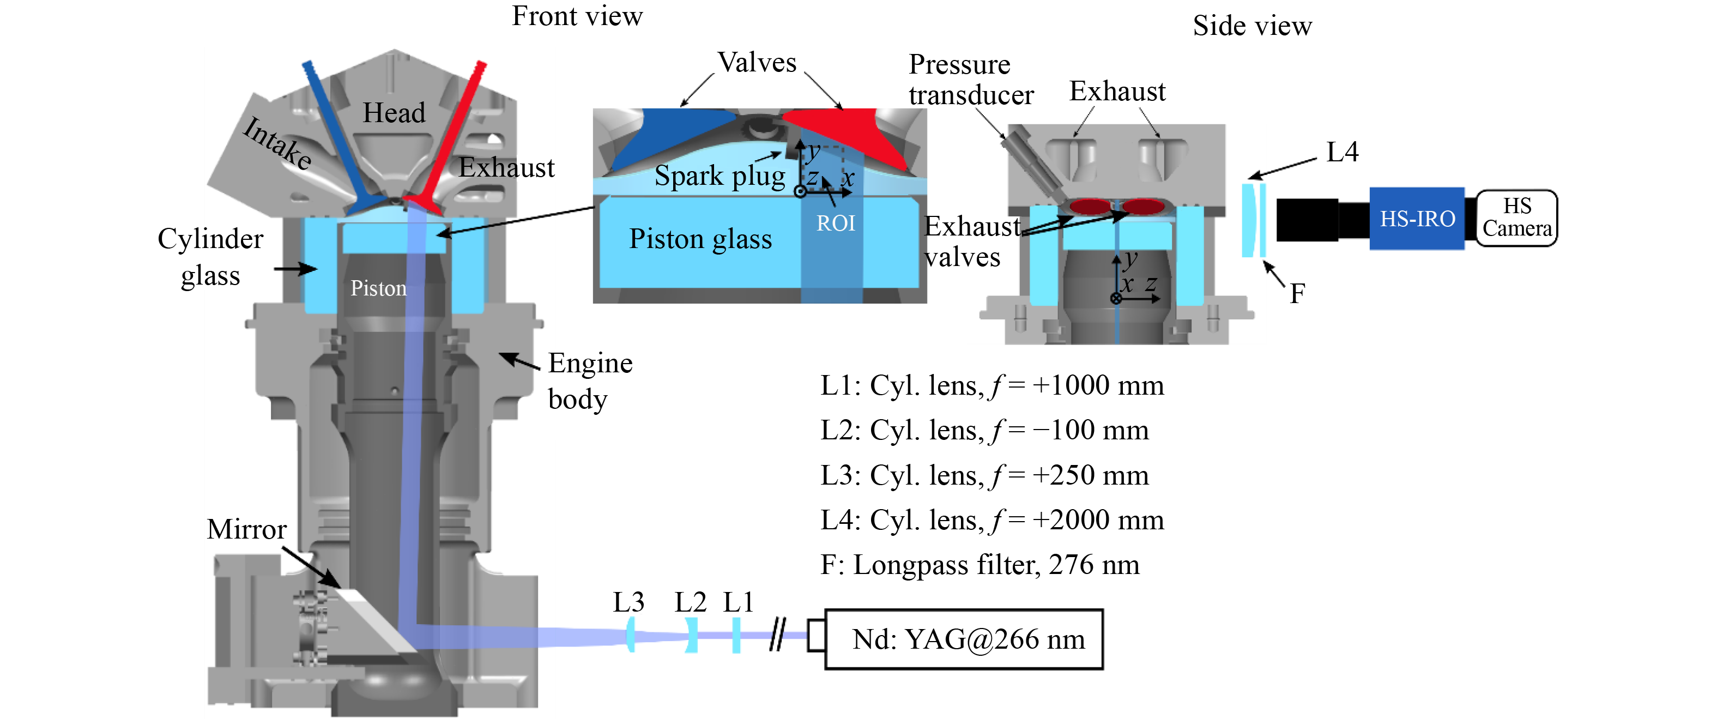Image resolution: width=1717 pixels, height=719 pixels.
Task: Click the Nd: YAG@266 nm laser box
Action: point(964,639)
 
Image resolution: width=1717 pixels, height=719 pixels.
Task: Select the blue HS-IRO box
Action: point(1417,219)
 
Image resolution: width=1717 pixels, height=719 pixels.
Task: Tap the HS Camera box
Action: point(1516,218)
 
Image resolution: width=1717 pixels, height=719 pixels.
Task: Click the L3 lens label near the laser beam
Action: point(628,602)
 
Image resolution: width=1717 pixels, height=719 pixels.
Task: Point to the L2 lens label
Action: point(690,602)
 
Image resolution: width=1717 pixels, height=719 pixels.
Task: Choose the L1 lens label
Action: point(738,602)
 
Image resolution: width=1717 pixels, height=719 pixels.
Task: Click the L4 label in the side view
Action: point(1342,152)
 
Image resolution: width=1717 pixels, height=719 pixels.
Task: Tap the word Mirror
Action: point(246,530)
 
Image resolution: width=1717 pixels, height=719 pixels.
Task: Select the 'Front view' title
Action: point(577,17)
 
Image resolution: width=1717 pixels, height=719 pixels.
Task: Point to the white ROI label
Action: point(836,223)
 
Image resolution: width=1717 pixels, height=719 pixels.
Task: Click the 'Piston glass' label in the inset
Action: point(700,239)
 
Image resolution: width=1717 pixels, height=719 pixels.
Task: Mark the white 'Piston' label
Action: point(378,288)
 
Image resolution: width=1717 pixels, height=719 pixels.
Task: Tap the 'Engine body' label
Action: point(589,381)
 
